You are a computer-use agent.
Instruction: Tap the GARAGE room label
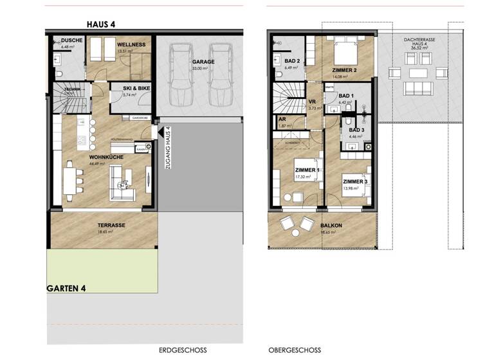[x=203, y=62]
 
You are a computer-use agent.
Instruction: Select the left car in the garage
[x=181, y=75]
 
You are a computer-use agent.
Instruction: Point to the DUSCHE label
[x=68, y=40]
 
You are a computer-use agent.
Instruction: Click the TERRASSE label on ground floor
[x=111, y=225]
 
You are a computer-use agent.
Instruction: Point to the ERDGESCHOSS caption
[x=182, y=350]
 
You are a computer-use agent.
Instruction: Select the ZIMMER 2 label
[x=345, y=70]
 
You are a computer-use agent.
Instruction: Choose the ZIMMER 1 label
[x=305, y=170]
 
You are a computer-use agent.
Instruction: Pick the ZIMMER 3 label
[x=354, y=181]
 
